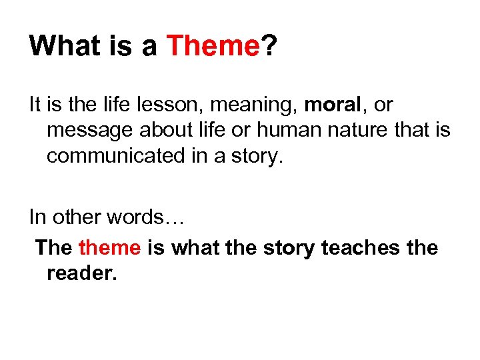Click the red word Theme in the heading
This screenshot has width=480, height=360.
[212, 46]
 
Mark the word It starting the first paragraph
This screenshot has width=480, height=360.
[35, 105]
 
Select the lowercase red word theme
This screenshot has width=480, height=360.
[109, 248]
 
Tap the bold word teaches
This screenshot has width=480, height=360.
[361, 248]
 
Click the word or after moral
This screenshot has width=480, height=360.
[384, 105]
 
